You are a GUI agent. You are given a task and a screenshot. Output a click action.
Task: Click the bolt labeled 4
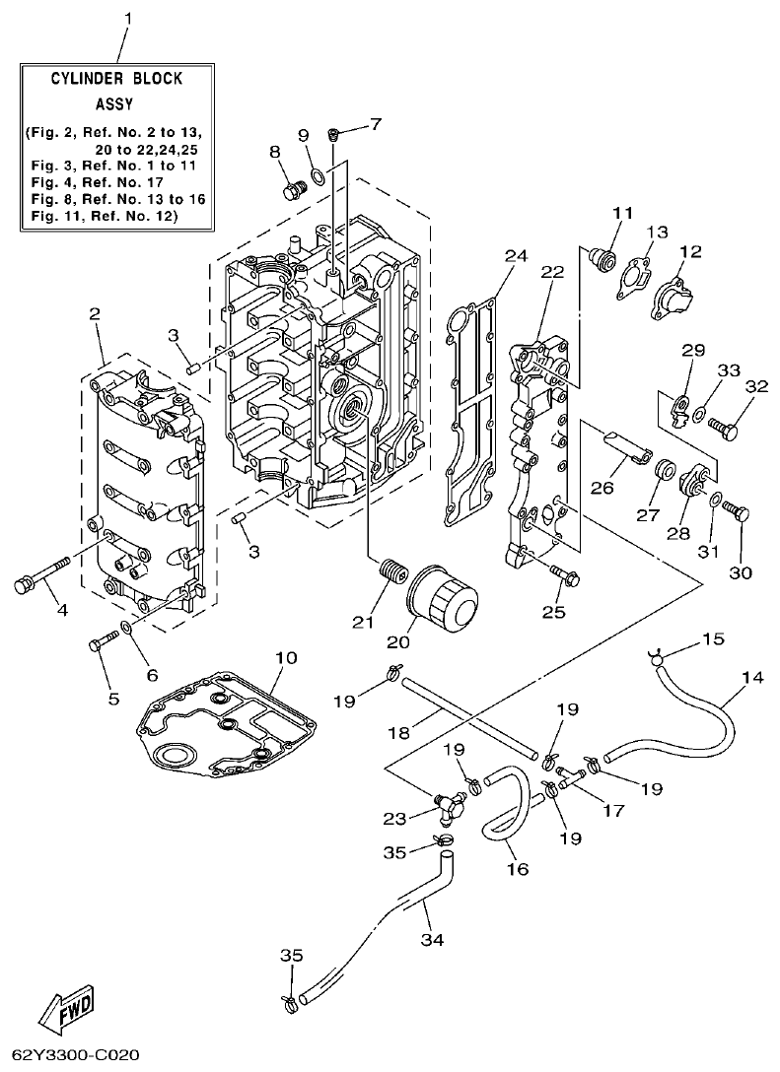click(x=39, y=575)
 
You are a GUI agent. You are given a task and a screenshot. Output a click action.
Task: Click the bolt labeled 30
click(x=737, y=512)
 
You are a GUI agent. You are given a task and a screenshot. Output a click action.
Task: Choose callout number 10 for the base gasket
click(x=285, y=656)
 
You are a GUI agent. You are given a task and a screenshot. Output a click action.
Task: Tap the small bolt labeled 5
click(x=103, y=643)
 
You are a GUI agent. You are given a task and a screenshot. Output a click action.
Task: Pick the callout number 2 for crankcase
click(x=95, y=314)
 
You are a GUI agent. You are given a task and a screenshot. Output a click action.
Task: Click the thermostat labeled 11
click(x=600, y=258)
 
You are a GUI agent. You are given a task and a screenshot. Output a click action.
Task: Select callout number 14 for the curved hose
click(x=752, y=678)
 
